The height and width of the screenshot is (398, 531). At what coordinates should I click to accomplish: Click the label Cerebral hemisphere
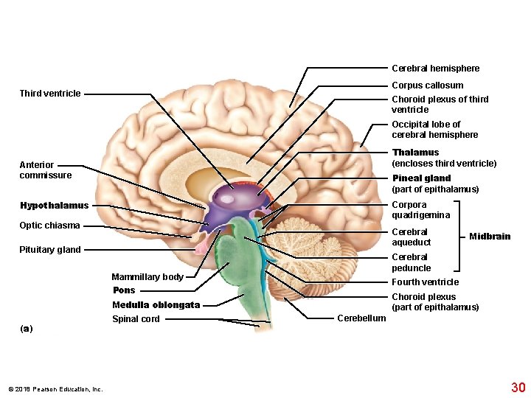(435, 69)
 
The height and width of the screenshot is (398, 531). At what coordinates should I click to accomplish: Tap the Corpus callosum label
(427, 85)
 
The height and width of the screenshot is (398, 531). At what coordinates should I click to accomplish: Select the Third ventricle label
(50, 94)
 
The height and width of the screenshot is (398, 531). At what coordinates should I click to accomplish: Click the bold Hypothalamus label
(54, 206)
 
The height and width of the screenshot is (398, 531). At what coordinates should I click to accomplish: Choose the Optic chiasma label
(49, 226)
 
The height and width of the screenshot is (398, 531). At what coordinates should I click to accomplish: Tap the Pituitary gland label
(50, 250)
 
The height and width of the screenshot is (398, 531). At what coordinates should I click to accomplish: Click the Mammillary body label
(147, 277)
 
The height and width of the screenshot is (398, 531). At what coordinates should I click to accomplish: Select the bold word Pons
(124, 290)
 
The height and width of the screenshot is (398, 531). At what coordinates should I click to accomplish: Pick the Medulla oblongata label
(156, 305)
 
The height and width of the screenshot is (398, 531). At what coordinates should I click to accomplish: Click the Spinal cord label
(136, 319)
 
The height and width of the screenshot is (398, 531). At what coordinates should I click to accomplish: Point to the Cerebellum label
(361, 318)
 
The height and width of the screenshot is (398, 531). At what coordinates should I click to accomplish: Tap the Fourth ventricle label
(425, 282)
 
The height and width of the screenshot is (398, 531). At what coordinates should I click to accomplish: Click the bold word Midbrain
(490, 237)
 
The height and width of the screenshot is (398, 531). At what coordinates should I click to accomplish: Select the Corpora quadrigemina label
(420, 210)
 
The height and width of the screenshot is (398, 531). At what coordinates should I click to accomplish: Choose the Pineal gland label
(421, 178)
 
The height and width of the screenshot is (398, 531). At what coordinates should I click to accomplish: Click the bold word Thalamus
(415, 153)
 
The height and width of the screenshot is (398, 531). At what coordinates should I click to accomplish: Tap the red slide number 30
(518, 387)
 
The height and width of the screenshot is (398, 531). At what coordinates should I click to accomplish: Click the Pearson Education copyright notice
(55, 389)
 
